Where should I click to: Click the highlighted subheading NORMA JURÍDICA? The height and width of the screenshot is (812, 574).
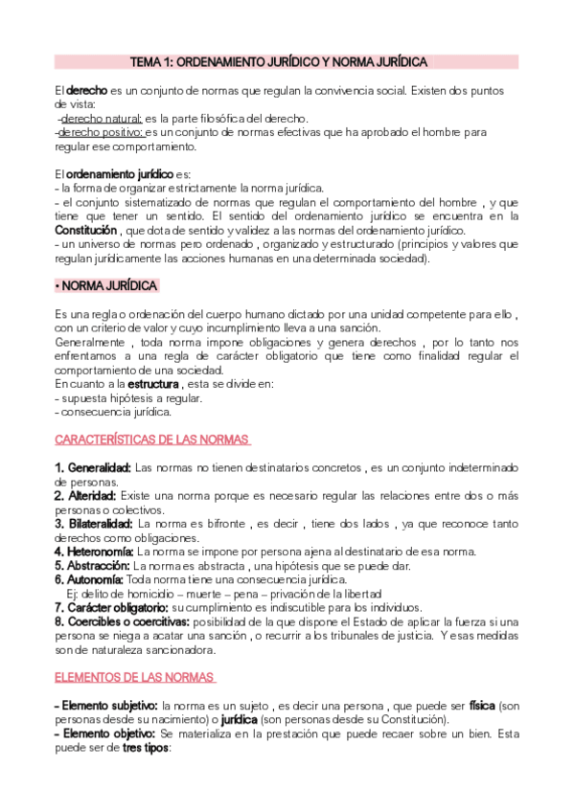coord(107,286)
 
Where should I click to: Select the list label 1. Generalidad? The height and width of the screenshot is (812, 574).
coord(93,467)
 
